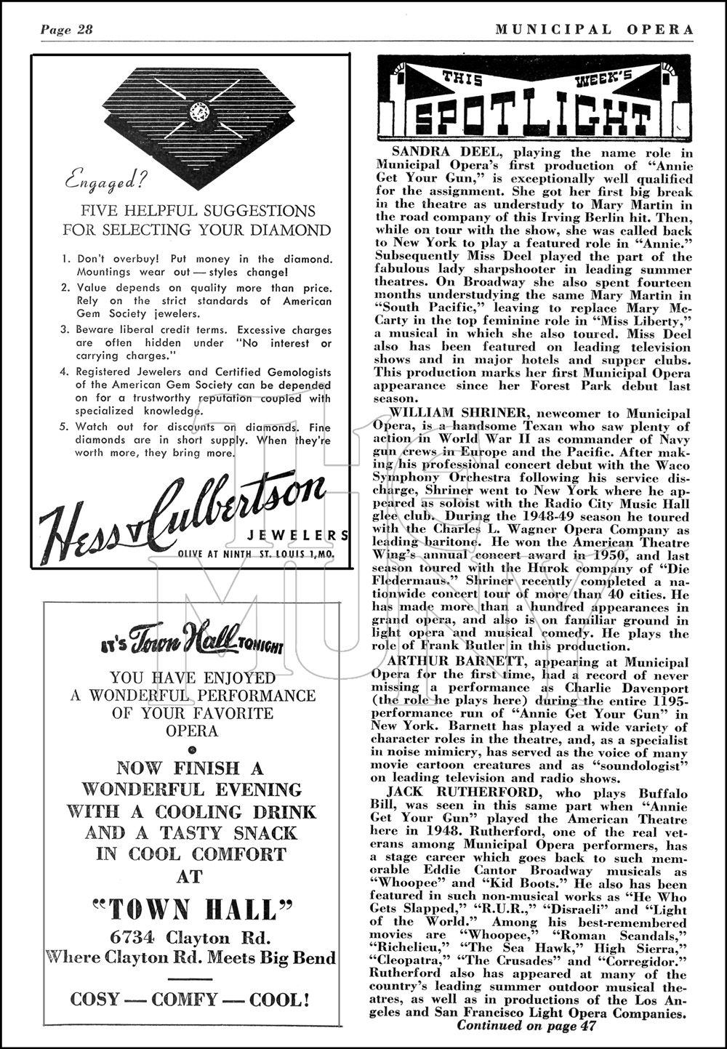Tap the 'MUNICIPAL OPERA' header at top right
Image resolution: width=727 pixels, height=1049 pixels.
click(x=594, y=30)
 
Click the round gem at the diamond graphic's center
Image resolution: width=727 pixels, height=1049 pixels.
click(x=197, y=110)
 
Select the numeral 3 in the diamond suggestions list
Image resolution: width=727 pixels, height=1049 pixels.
click(x=66, y=331)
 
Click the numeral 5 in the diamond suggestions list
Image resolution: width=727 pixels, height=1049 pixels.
click(x=66, y=428)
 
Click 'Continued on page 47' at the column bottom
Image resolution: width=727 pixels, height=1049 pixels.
click(x=526, y=1025)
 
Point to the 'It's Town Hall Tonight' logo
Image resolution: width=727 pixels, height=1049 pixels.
click(x=191, y=643)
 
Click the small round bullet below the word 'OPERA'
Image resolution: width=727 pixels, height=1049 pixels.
click(x=192, y=749)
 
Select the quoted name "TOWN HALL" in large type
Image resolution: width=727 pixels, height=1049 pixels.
click(x=192, y=909)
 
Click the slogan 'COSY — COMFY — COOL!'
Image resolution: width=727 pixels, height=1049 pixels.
click(x=190, y=999)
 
